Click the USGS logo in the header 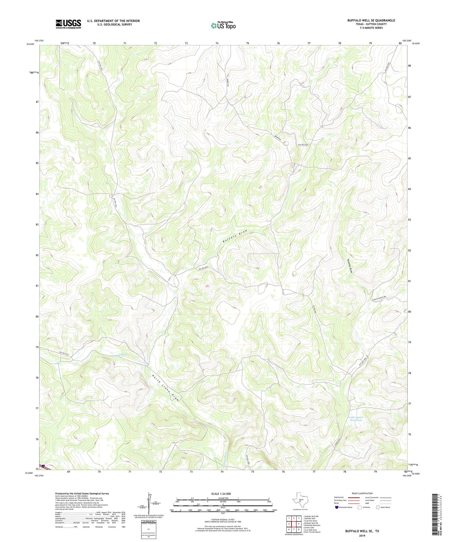pos(68,24)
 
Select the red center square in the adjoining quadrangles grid pos(294,524)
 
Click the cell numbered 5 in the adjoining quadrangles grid pos(299,524)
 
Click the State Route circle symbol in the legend pos(378,507)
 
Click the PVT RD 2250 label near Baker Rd pos(303,145)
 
